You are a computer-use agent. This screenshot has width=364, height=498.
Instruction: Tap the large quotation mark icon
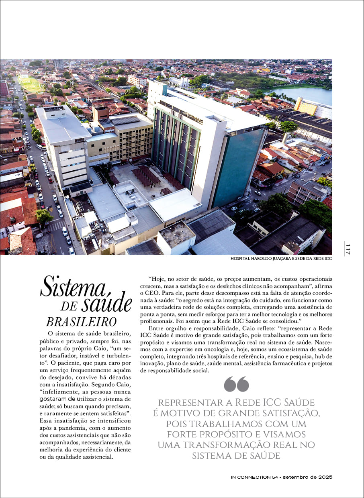point(236,384)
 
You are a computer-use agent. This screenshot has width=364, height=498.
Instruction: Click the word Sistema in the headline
point(73,288)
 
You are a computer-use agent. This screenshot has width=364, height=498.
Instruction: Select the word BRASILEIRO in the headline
point(81,322)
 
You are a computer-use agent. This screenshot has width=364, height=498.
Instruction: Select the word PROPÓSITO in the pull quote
point(237,435)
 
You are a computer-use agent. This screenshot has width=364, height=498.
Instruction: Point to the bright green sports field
point(31,84)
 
